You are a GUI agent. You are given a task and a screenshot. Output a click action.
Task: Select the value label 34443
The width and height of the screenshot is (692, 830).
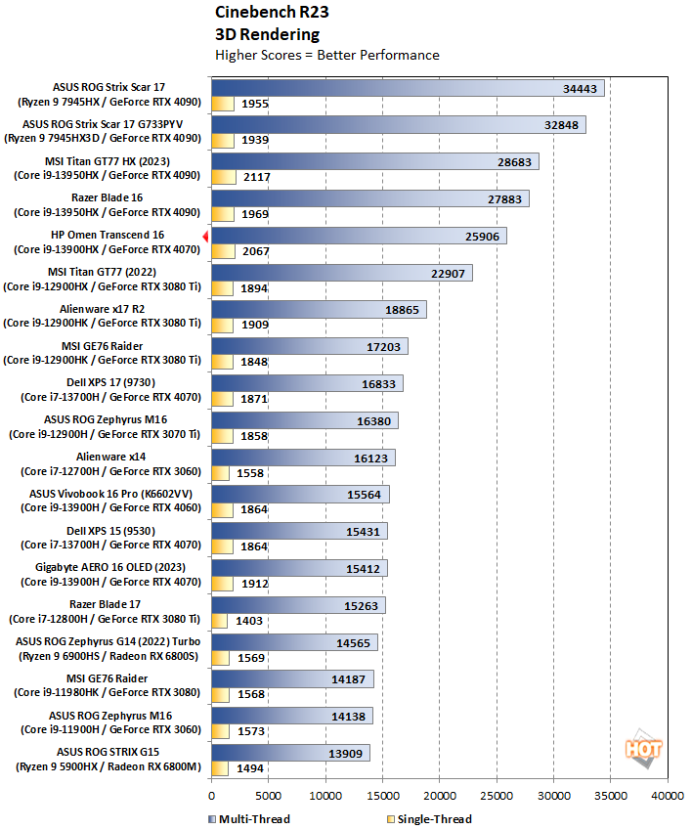(581, 88)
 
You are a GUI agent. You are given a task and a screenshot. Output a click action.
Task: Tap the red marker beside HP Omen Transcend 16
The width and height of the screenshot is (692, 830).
(205, 236)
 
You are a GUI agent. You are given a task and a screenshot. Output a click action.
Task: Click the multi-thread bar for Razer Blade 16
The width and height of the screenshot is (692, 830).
(369, 198)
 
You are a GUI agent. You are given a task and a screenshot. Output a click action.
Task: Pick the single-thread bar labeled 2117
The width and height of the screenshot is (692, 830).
(223, 177)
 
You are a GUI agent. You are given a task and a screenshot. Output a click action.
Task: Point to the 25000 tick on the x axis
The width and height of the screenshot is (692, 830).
(497, 796)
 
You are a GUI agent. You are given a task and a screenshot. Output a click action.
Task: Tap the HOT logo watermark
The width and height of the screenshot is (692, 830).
(645, 748)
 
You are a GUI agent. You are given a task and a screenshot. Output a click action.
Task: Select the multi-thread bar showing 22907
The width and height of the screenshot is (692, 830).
(341, 273)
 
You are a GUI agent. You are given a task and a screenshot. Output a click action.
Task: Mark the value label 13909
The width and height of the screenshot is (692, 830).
(347, 753)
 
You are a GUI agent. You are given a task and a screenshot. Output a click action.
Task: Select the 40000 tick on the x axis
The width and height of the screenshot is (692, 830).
(668, 796)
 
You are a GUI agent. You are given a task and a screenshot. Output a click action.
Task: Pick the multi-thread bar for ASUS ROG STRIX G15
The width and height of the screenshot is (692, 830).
(289, 753)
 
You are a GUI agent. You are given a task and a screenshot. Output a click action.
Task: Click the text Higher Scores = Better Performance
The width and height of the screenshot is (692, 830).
(326, 55)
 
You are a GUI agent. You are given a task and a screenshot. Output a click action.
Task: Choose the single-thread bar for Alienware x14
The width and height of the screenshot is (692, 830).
(220, 473)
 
